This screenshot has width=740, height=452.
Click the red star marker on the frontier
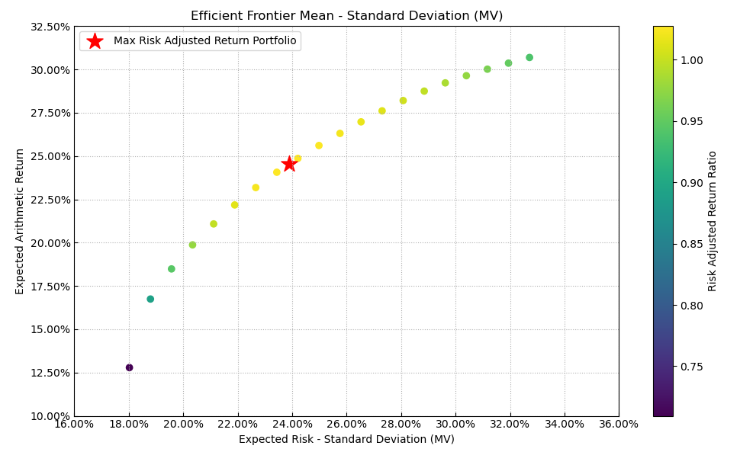pos(289,164)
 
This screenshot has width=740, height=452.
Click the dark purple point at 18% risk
pos(129,367)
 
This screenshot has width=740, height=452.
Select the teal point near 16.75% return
pos(150,299)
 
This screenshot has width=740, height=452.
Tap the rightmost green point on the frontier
pos(529,57)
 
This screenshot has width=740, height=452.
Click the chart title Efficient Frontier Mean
pos(346,16)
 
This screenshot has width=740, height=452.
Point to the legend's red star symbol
pos(95,41)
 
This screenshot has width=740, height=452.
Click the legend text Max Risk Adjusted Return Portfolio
pos(204,41)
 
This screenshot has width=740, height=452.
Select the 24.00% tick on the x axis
pos(292,425)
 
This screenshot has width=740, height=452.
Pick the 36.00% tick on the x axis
pos(619,425)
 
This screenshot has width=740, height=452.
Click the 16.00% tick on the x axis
pos(74,425)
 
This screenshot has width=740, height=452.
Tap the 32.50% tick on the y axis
pos(49,27)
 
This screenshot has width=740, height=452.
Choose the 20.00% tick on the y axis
pos(49,243)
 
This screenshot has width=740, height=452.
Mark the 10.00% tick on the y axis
pos(49,416)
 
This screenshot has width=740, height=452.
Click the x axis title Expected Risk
pos(346,440)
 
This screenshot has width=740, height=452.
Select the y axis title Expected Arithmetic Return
pos(21,221)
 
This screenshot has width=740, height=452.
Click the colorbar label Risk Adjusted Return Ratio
pos(713,221)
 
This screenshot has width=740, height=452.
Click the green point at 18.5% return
pos(172,269)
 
